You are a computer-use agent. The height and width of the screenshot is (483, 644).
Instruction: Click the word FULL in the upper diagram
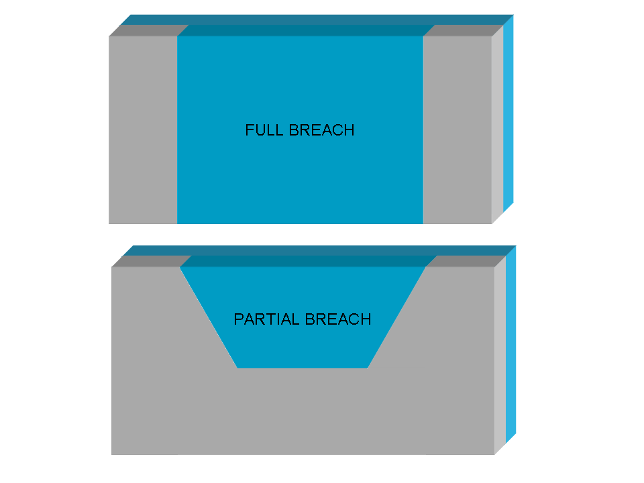click(x=264, y=130)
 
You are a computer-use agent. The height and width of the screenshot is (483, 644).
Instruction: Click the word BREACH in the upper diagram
click(x=321, y=130)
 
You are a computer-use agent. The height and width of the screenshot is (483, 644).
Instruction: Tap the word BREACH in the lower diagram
click(x=338, y=319)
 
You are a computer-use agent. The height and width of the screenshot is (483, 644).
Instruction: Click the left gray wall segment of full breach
click(x=143, y=129)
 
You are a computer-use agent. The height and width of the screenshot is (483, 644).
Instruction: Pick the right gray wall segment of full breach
click(x=457, y=129)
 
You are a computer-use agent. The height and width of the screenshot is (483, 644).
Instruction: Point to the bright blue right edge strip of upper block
click(x=508, y=113)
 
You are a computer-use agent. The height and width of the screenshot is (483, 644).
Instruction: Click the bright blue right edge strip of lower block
click(x=511, y=344)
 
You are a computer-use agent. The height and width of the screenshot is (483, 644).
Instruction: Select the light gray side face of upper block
click(x=497, y=125)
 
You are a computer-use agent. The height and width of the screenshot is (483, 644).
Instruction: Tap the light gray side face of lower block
click(x=500, y=356)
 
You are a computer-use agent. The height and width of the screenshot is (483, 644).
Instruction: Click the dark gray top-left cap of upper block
click(x=149, y=30)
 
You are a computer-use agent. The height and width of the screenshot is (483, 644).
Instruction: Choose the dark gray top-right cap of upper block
click(x=464, y=30)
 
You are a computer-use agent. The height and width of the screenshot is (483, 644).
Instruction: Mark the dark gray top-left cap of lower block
click(x=152, y=261)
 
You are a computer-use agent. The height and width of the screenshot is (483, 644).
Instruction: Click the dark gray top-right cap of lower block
click(x=466, y=261)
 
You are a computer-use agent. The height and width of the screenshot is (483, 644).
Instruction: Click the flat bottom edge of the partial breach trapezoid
click(x=303, y=368)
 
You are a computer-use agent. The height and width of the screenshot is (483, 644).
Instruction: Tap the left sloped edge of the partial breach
click(x=209, y=317)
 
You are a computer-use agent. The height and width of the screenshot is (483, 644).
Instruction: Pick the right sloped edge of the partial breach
click(x=396, y=317)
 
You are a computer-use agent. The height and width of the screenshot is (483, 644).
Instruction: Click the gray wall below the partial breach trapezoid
click(x=303, y=411)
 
